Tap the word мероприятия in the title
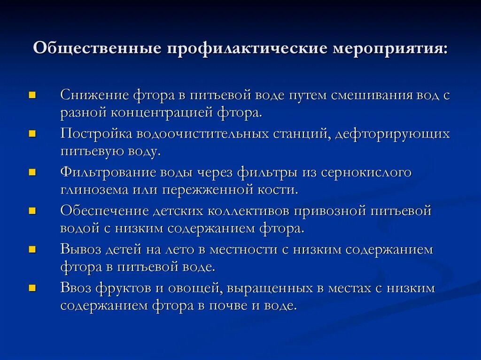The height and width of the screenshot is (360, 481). pos(391,48)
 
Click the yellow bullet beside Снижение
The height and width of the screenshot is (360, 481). pos(32,95)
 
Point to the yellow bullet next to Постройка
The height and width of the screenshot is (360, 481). pos(32,134)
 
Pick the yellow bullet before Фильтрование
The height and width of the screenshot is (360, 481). pos(32,172)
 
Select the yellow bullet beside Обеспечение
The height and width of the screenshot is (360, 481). pos(32,211)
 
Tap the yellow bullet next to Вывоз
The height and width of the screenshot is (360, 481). pos(32,249)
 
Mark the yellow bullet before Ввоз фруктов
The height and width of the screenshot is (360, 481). pos(32,288)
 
